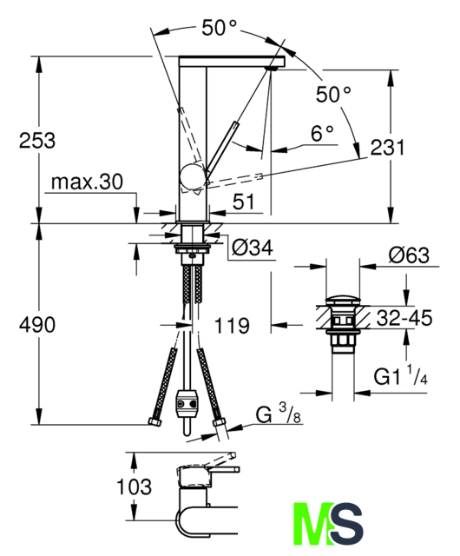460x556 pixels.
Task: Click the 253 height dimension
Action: (x=37, y=140)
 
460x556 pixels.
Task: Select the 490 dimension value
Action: (x=37, y=325)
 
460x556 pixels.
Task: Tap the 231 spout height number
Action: (x=387, y=148)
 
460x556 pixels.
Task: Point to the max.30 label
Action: (x=87, y=182)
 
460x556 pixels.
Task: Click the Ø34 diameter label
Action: (x=253, y=247)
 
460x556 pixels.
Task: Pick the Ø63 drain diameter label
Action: (x=409, y=255)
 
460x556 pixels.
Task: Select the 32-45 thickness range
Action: (x=404, y=318)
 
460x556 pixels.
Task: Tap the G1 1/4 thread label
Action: (x=400, y=376)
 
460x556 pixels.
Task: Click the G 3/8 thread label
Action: (x=279, y=414)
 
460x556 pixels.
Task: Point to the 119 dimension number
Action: (x=232, y=326)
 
